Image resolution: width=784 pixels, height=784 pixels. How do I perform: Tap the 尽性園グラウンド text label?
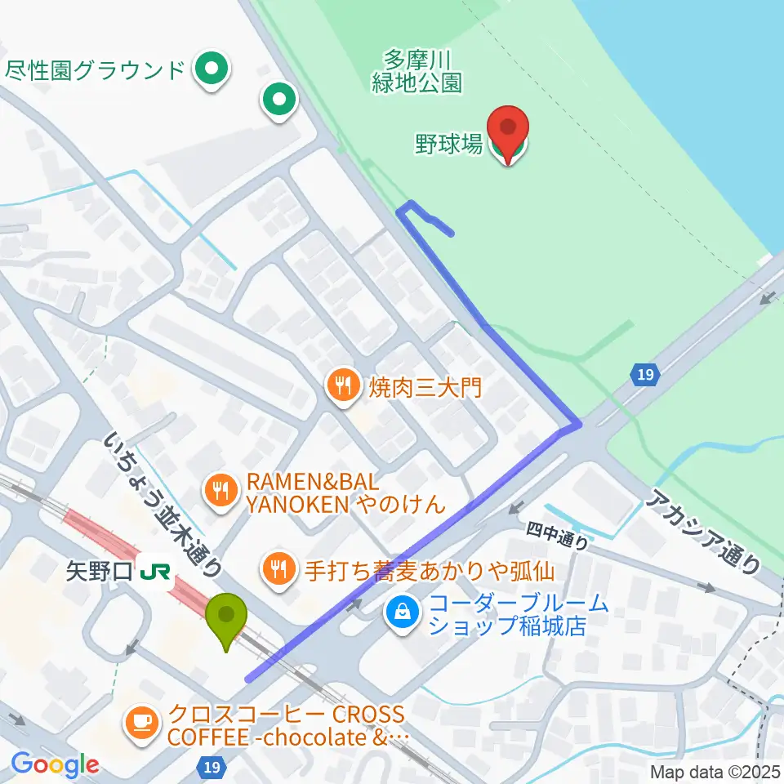pyautogui.click(x=96, y=69)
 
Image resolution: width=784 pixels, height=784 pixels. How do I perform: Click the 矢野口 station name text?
pyautogui.click(x=98, y=569)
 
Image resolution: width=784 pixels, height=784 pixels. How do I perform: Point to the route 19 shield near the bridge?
pyautogui.click(x=644, y=375)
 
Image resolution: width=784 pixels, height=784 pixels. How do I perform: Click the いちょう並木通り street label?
pyautogui.click(x=163, y=505)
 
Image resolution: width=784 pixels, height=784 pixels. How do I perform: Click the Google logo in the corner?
pyautogui.click(x=55, y=765)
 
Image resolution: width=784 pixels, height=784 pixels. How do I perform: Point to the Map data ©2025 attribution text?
pyautogui.click(x=715, y=771)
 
